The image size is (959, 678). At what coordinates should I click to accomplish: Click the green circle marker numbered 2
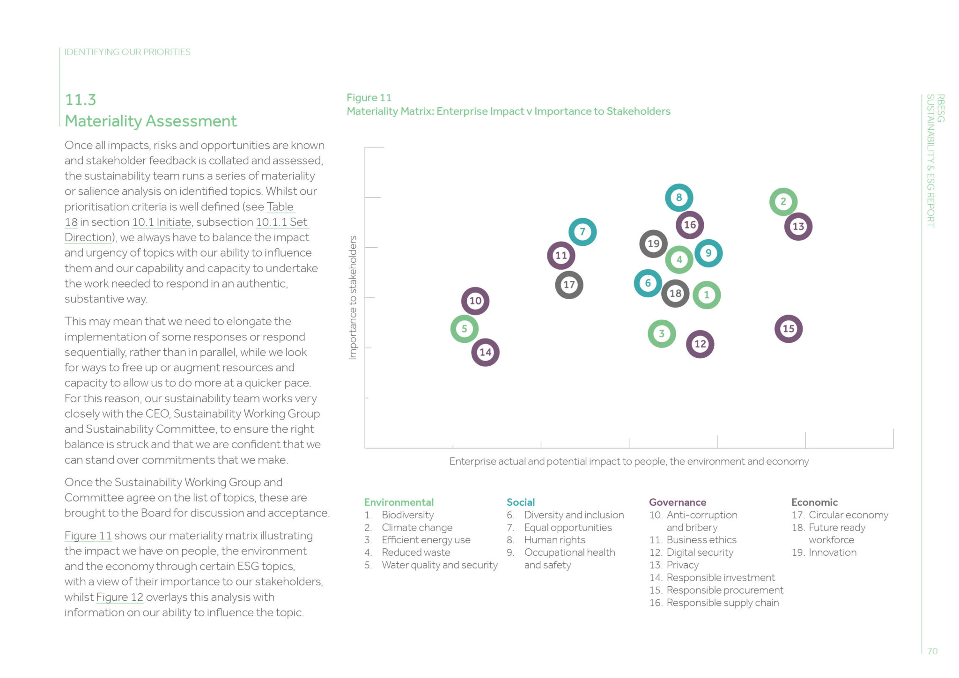(783, 202)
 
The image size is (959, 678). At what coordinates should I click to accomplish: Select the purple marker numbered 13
(798, 227)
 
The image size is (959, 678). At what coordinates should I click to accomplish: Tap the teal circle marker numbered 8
(679, 198)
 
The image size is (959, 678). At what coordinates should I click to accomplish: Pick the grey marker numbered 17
(569, 285)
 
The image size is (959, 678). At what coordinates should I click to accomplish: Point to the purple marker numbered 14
(485, 352)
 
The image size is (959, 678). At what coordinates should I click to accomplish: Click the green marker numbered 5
(464, 329)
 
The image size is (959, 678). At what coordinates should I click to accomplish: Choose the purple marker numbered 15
(788, 329)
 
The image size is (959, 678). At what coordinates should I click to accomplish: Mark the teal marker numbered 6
(648, 283)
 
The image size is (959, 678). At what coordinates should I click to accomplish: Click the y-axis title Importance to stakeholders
(353, 297)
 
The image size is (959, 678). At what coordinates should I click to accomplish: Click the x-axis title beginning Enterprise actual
(628, 462)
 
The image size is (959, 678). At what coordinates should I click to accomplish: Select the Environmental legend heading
(398, 502)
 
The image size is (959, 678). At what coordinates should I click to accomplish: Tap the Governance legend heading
(677, 502)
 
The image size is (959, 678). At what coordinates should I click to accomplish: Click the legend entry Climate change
(417, 528)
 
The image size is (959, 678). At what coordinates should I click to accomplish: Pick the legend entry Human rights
(554, 540)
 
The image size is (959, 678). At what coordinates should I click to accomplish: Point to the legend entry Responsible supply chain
(722, 603)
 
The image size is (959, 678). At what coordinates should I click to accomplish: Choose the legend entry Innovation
(832, 553)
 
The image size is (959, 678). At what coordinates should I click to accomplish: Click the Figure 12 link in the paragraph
(119, 597)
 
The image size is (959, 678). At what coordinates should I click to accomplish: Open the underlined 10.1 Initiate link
(162, 222)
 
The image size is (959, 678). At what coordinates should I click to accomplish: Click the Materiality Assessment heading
(150, 121)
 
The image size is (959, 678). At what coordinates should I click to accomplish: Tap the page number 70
(932, 651)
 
